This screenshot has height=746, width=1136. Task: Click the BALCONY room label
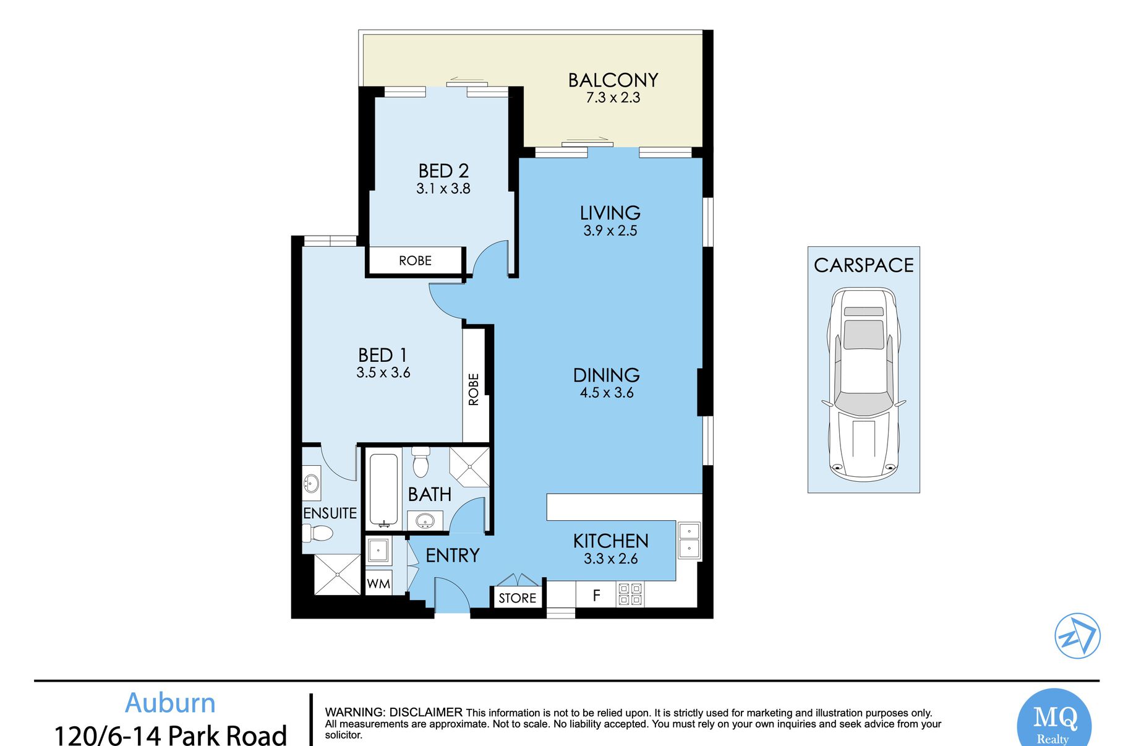613,80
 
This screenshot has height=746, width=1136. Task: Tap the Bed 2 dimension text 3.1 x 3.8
443,189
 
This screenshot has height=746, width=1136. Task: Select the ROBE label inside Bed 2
415,260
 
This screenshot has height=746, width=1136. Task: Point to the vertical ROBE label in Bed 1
474,389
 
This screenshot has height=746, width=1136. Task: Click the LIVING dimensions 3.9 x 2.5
610,231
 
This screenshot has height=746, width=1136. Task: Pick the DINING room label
606,375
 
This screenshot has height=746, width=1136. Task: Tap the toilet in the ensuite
317,533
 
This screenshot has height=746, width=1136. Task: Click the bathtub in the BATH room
383,491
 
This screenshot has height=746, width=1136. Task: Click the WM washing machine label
378,584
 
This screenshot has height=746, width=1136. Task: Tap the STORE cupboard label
518,598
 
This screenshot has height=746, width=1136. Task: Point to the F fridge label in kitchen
596,596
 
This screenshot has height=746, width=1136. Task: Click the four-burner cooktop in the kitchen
630,594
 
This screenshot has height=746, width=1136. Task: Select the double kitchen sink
689,540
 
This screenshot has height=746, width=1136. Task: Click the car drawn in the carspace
864,384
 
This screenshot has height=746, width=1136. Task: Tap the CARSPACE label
864,265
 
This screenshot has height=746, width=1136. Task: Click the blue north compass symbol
1077,636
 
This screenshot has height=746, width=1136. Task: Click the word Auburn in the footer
170,703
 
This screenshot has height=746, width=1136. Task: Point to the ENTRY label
453,555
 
